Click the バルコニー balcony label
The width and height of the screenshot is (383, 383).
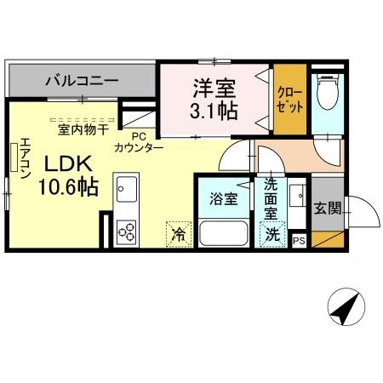pyautogui.click(x=82, y=82)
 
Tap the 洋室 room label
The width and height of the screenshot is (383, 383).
pyautogui.click(x=213, y=88)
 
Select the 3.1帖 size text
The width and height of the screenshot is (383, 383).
pyautogui.click(x=213, y=110)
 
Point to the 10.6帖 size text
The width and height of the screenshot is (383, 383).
pyautogui.click(x=66, y=187)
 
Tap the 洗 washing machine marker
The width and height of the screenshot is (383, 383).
pyautogui.click(x=272, y=233)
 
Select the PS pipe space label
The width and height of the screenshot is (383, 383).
pyautogui.click(x=298, y=241)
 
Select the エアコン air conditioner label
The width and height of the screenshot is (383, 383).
pyautogui.click(x=25, y=158)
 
